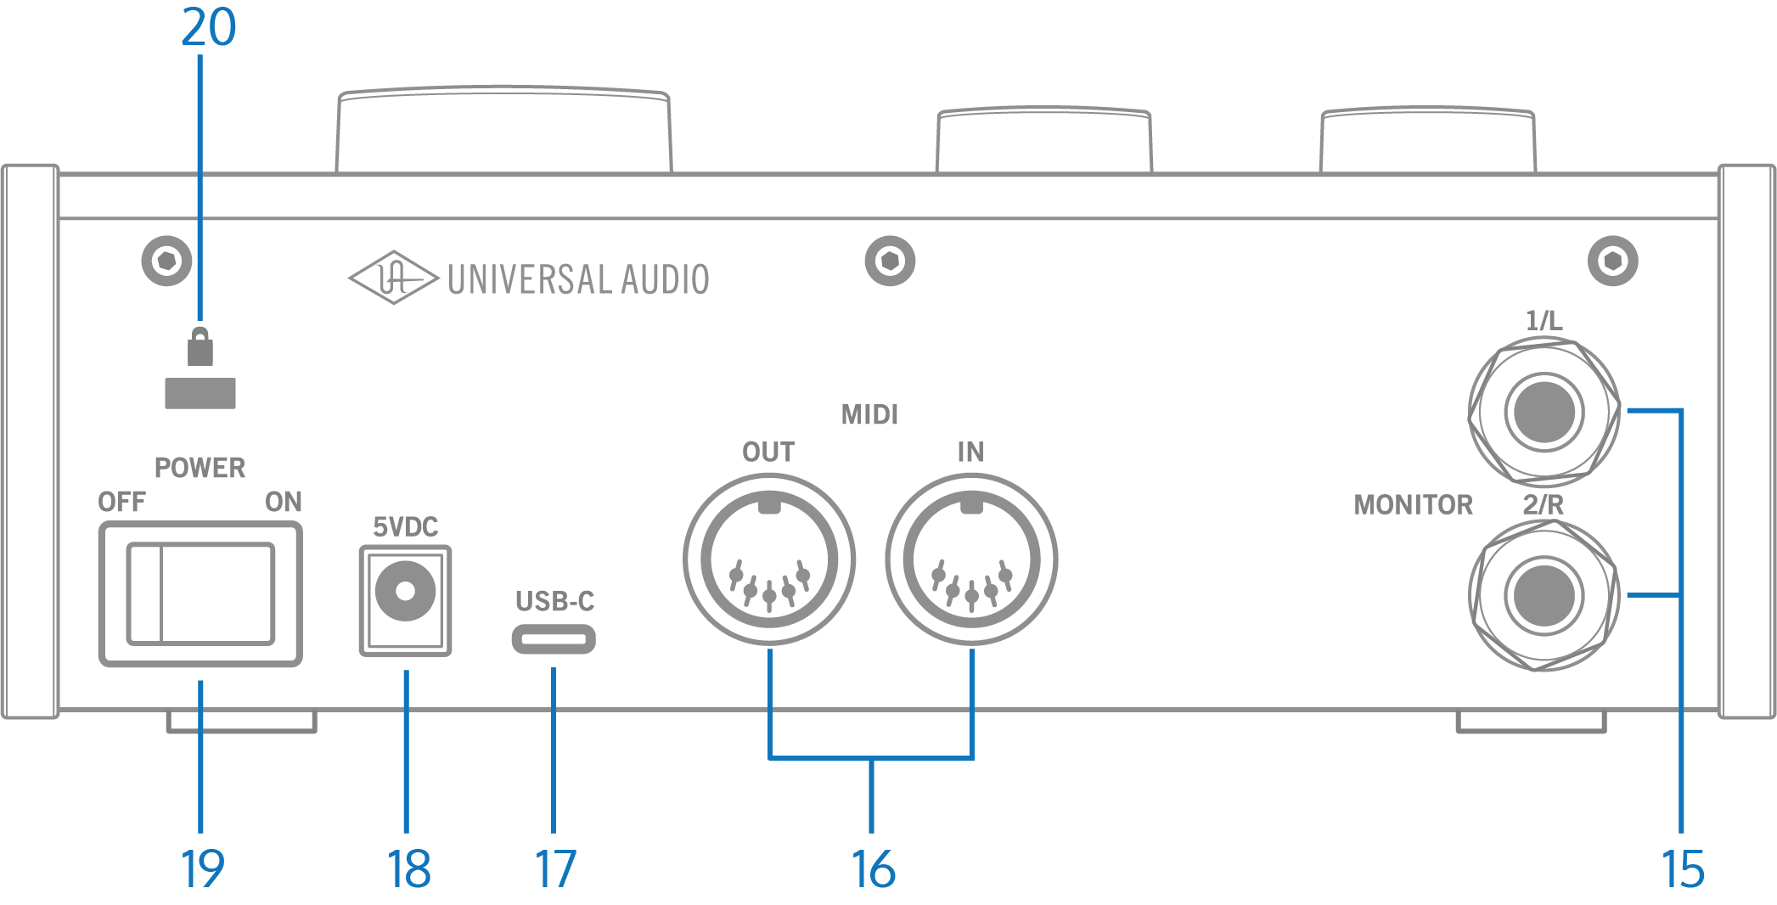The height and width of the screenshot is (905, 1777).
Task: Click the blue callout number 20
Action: click(208, 27)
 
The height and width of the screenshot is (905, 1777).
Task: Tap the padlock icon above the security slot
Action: click(200, 346)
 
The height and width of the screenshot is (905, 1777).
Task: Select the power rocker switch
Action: click(200, 593)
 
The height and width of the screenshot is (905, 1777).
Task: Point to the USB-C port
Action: click(553, 638)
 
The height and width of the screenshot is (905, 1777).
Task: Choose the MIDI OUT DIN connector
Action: click(768, 559)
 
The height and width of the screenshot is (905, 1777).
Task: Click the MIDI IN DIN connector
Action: click(971, 559)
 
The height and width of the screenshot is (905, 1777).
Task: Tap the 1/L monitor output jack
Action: click(1544, 413)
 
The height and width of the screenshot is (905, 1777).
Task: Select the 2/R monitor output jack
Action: click(1544, 596)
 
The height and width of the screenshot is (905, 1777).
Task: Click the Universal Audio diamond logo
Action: click(393, 278)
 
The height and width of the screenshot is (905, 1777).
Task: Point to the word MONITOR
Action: click(1413, 505)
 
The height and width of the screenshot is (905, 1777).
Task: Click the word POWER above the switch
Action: click(200, 468)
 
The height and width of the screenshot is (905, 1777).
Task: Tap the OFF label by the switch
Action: click(121, 502)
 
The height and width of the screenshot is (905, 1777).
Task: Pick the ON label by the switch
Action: click(284, 502)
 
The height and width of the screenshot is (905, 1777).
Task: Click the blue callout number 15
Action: click(1682, 869)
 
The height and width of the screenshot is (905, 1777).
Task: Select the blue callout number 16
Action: click(873, 869)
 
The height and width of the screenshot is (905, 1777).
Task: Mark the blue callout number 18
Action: click(408, 869)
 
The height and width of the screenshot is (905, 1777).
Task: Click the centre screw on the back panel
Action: click(890, 261)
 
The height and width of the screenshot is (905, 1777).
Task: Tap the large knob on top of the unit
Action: click(503, 130)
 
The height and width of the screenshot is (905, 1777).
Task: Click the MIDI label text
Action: click(869, 414)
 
